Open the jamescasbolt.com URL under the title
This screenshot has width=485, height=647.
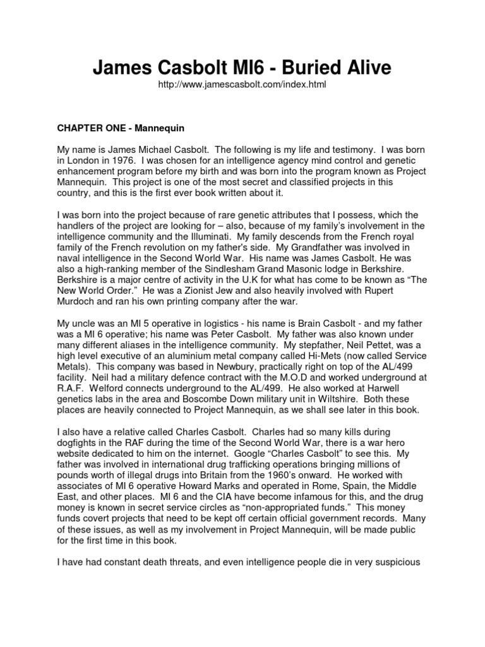[x=242, y=84]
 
